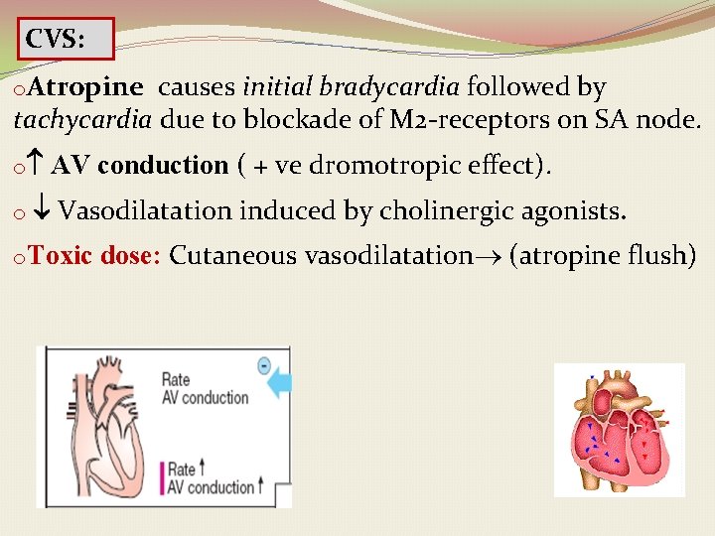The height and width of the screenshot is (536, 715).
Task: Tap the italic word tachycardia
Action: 82,121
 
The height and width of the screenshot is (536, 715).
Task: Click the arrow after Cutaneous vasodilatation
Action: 489,257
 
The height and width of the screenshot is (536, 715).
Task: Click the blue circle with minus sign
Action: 264,365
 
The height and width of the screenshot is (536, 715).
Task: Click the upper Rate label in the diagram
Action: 176,379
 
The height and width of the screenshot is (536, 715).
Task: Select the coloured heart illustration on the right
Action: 619,430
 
